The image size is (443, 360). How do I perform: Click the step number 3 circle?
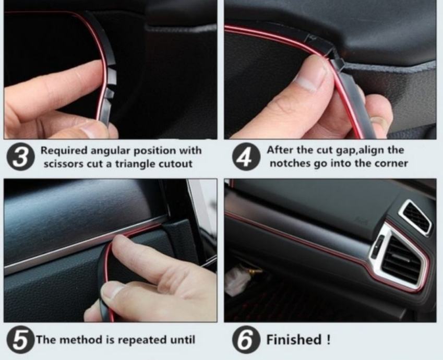20,157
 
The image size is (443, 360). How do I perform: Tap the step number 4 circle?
246,157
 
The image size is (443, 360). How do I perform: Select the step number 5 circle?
20,339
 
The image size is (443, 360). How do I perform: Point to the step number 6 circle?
246,339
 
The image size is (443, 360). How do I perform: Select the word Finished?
294,339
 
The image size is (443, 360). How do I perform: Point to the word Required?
64,151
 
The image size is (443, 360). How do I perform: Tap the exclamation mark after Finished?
328,339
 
